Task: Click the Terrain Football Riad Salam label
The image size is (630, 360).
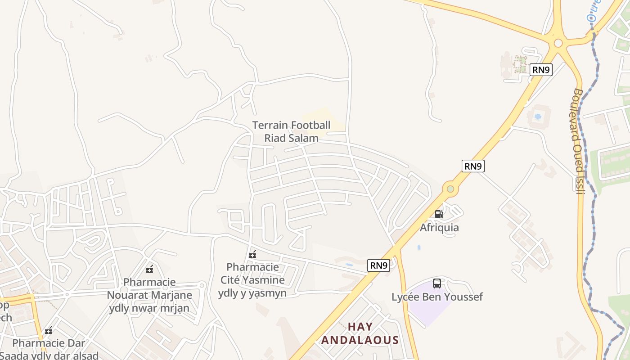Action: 291,131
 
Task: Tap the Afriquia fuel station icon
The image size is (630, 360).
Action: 439,214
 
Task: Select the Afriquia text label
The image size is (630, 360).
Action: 439,227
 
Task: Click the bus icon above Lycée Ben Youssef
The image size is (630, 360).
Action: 437,283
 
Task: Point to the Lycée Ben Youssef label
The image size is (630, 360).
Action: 437,297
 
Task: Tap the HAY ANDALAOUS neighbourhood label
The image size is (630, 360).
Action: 360,333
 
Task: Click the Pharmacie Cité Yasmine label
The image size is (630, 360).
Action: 252,280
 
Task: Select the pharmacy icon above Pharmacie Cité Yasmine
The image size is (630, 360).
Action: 252,255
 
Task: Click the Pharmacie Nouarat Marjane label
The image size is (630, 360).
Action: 149,295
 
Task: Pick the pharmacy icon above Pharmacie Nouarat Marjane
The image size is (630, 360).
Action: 149,270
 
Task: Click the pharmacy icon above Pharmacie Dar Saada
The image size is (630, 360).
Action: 49,331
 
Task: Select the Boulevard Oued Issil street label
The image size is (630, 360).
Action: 579,141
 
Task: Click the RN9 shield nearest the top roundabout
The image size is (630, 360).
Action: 540,69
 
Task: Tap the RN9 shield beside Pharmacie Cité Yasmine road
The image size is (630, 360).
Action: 379,265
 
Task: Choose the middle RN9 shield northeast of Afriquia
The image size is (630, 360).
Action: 473,166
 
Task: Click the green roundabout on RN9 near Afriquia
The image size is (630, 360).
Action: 450,189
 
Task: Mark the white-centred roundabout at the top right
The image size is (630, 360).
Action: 558,43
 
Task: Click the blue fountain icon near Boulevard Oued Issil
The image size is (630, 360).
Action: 537,117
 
